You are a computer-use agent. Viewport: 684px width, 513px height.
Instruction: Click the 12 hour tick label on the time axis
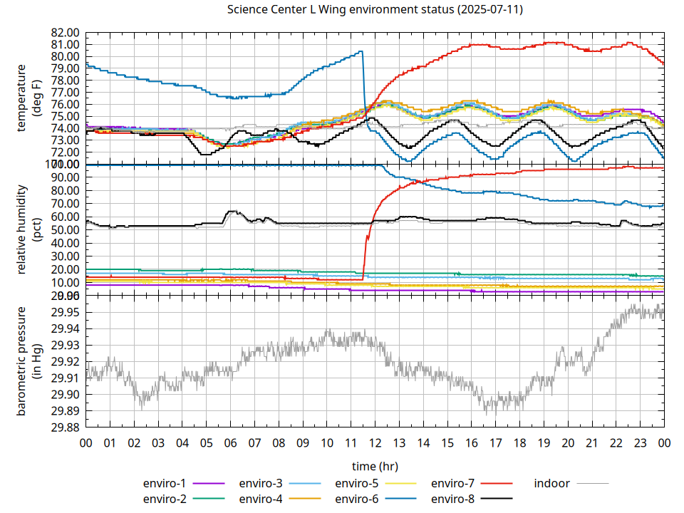375,442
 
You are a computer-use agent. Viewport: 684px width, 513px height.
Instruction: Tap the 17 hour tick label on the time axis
495,442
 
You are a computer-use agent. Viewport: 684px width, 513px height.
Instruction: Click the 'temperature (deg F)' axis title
28,98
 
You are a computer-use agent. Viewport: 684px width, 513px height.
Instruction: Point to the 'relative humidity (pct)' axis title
28,229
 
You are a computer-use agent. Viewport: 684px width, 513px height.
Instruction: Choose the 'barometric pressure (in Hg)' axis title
28,361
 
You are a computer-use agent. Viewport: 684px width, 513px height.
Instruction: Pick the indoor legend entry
552,483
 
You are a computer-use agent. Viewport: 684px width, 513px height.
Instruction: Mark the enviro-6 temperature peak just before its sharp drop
361,51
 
